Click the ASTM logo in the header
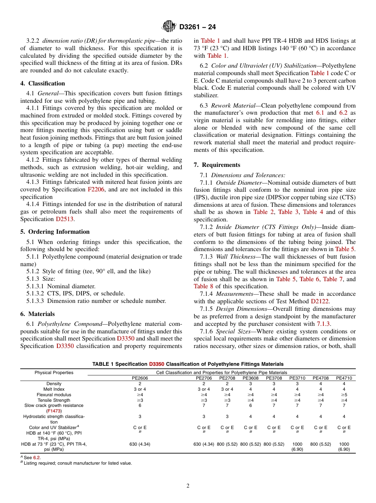click(169, 27)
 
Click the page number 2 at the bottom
click(188, 486)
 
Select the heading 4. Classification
click(43, 83)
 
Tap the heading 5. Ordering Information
click(55, 232)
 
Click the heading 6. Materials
click(38, 314)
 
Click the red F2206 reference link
click(95, 189)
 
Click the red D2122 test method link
click(320, 301)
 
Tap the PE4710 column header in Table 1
click(344, 378)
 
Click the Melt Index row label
click(54, 389)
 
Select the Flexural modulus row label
click(54, 395)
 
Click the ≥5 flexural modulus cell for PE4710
click(344, 395)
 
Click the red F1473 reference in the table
click(54, 411)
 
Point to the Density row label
click(54, 384)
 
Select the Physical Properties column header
click(54, 373)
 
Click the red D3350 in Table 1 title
click(156, 364)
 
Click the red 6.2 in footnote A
click(36, 458)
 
